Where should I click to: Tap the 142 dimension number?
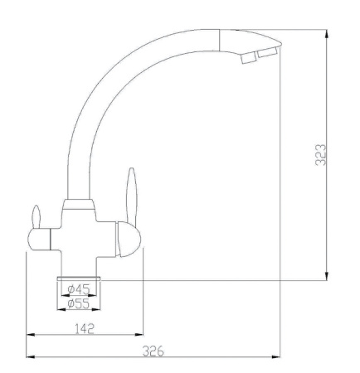coord(83,327)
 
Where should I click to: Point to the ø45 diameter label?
coord(79,288)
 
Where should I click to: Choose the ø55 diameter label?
coord(79,303)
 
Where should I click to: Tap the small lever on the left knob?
coord(36,216)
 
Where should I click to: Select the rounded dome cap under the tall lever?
coord(130,240)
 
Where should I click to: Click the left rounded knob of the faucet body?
coord(38,240)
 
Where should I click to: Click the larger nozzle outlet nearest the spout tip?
coord(267,53)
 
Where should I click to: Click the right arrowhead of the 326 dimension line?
coord(275,357)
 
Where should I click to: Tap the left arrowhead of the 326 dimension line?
coord(32,357)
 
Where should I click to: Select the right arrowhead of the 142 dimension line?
coord(139,335)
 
